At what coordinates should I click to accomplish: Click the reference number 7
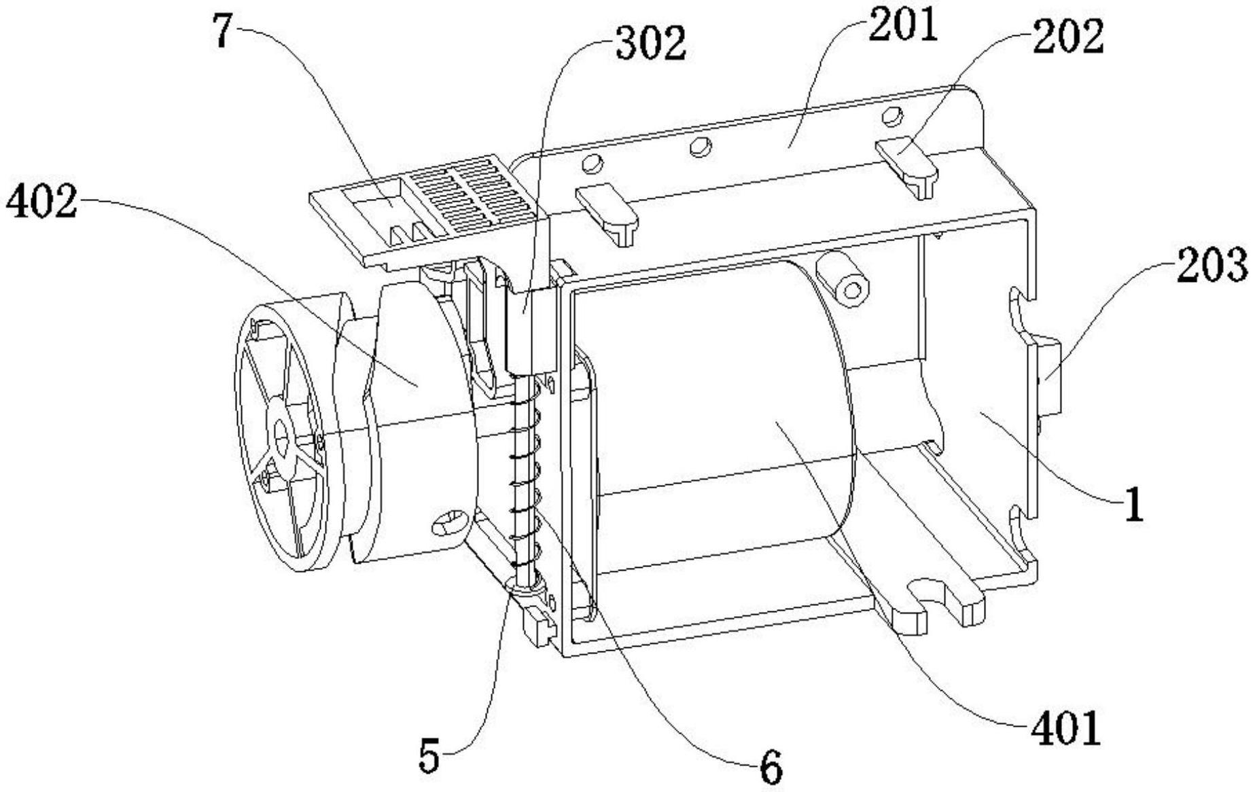point(226,31)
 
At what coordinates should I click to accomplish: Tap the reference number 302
point(650,43)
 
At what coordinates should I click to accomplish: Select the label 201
point(900,25)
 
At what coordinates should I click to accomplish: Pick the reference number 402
point(41,202)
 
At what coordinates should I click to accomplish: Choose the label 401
point(1065,729)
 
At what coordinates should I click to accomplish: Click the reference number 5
point(429,756)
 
